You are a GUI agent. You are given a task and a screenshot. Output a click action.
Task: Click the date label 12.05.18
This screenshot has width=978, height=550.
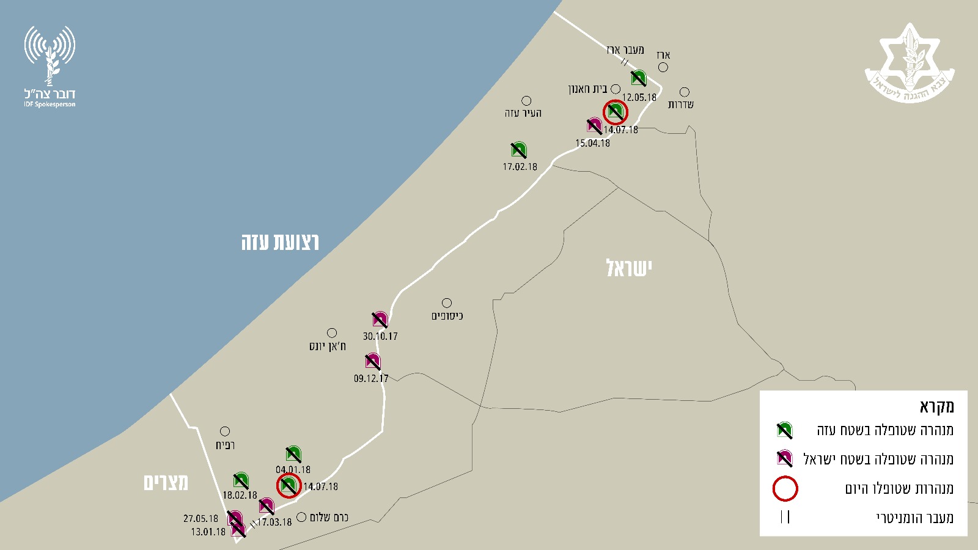(639, 97)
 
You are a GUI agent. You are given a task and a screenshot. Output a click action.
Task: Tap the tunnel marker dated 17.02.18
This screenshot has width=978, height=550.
(519, 150)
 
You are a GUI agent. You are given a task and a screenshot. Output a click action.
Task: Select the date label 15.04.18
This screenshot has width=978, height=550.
(592, 143)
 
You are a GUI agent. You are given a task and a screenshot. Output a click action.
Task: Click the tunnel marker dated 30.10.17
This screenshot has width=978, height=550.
(380, 320)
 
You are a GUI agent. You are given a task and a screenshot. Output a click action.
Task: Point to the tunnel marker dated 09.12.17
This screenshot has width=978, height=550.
(373, 361)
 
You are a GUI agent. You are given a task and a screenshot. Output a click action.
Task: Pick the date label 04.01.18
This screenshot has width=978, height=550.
(293, 470)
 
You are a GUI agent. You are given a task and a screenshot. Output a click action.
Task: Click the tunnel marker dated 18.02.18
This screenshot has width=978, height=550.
(241, 481)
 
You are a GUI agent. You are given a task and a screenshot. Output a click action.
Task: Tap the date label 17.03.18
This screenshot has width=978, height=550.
(274, 522)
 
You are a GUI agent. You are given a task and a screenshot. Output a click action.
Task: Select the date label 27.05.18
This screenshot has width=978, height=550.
(200, 519)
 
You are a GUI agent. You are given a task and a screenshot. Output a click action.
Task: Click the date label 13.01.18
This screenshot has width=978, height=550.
(208, 532)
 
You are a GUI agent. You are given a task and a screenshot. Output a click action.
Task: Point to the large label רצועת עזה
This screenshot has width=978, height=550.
(280, 242)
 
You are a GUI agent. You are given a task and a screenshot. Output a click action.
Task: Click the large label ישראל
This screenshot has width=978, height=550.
(629, 268)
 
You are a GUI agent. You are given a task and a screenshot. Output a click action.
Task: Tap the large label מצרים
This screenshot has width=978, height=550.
(166, 483)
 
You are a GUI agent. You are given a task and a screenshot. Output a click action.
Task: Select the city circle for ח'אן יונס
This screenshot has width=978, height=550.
(332, 333)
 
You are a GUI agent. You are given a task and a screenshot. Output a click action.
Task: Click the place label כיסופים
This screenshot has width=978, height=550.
(447, 316)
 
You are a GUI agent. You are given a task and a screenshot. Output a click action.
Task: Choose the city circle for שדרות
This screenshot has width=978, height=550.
(685, 92)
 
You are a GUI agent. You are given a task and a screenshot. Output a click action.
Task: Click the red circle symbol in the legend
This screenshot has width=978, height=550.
(785, 488)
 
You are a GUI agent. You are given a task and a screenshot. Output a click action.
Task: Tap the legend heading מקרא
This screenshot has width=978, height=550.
(936, 406)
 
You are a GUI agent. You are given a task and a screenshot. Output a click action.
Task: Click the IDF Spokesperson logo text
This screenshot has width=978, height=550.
(50, 97)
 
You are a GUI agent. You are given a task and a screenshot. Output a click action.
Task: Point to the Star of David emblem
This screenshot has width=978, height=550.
(910, 62)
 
